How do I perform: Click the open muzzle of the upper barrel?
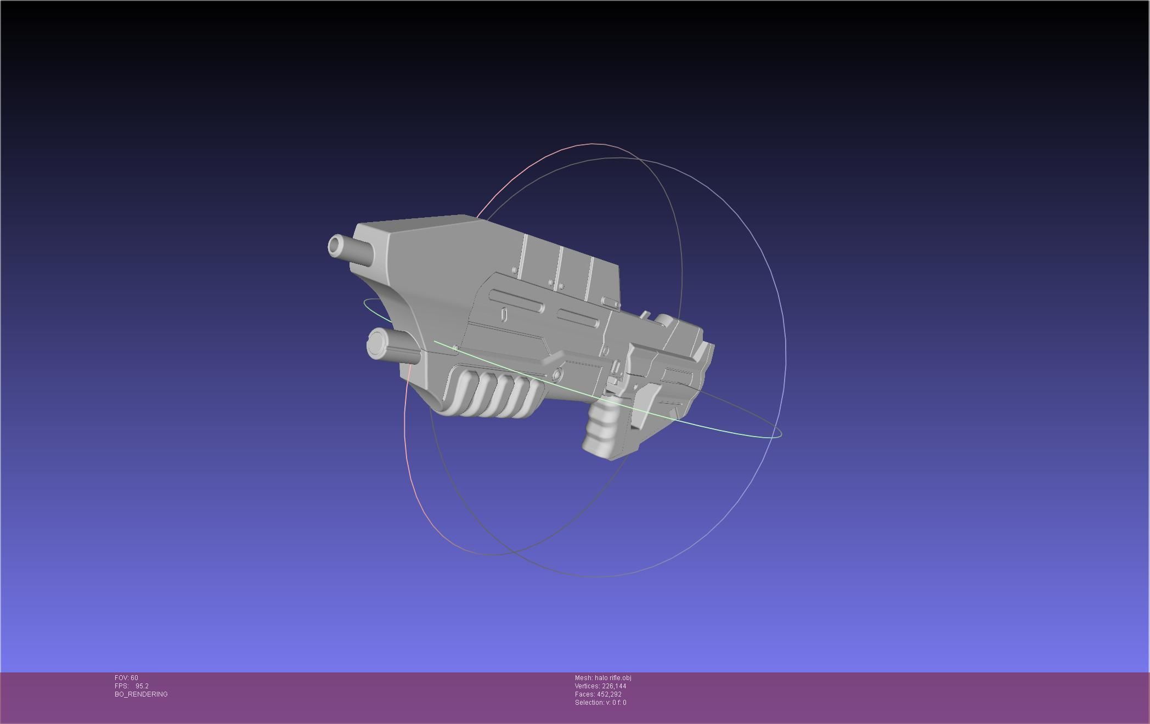coord(334,246)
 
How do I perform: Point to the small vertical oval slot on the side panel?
coord(504,314)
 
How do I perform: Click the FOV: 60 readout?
coord(126,678)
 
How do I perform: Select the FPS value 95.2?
coord(142,686)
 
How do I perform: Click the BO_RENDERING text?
coord(141,694)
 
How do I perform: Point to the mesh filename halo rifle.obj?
coord(612,678)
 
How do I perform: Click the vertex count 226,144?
coord(613,686)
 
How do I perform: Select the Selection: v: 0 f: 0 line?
coord(600,703)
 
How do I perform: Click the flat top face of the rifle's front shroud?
coord(417,224)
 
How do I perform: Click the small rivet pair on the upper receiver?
coord(556,284)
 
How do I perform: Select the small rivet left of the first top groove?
coord(514,270)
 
